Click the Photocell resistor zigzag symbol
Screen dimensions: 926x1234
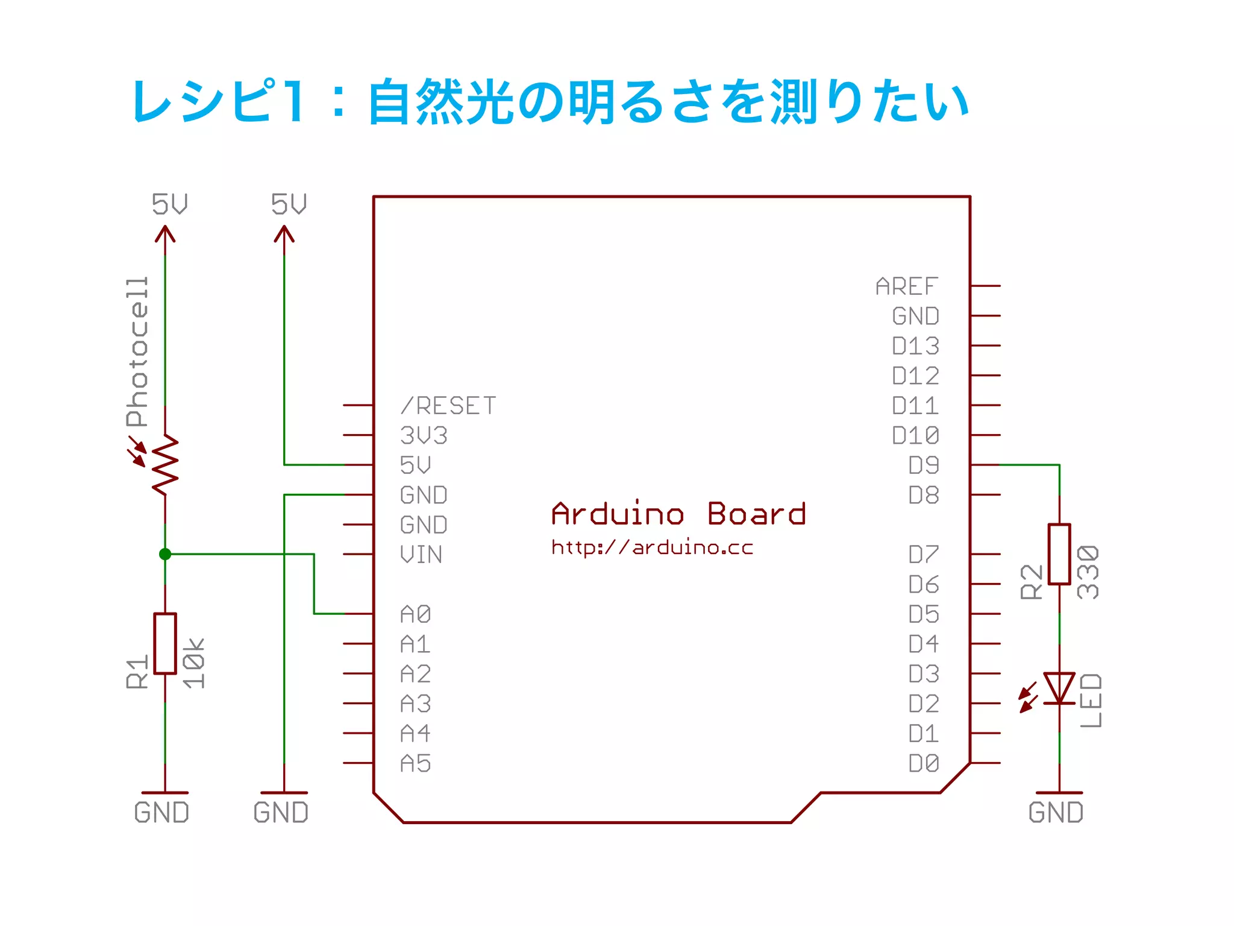pyautogui.click(x=165, y=464)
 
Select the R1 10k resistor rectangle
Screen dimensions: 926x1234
pyautogui.click(x=165, y=643)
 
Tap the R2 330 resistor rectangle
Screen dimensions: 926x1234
pyautogui.click(x=1059, y=554)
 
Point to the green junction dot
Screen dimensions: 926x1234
pyautogui.click(x=165, y=554)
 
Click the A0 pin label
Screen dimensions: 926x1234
pyautogui.click(x=416, y=614)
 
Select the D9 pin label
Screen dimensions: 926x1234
pyautogui.click(x=924, y=465)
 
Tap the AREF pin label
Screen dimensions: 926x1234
pyautogui.click(x=907, y=286)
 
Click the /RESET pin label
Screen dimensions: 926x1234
pyautogui.click(x=449, y=406)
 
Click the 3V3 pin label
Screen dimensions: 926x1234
pyautogui.click(x=424, y=435)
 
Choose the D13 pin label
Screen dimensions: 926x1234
pyautogui.click(x=915, y=346)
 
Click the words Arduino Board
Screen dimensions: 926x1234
pyautogui.click(x=678, y=514)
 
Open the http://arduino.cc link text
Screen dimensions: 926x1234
pyautogui.click(x=652, y=547)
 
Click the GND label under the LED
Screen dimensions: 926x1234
pyautogui.click(x=1056, y=813)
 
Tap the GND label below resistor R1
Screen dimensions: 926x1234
pyautogui.click(x=161, y=813)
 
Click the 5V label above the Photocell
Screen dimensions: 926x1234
pyautogui.click(x=169, y=204)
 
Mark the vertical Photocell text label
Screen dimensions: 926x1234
pyautogui.click(x=137, y=352)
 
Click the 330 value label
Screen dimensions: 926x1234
pyautogui.click(x=1088, y=572)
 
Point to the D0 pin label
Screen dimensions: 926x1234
pyautogui.click(x=924, y=763)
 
